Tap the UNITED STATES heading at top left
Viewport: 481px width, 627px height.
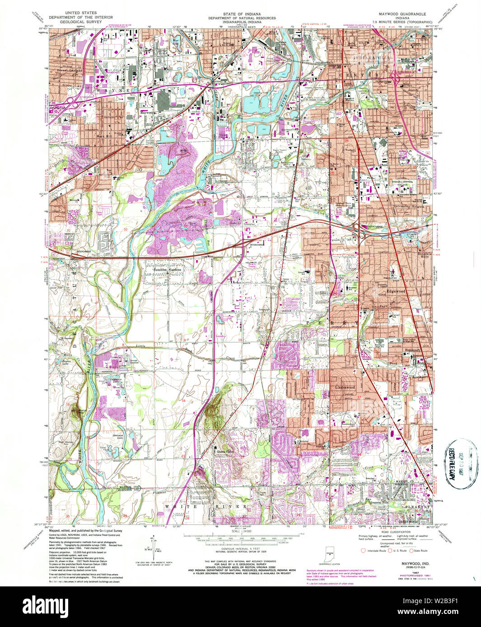[81, 14]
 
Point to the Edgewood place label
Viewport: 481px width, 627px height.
[396, 291]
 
